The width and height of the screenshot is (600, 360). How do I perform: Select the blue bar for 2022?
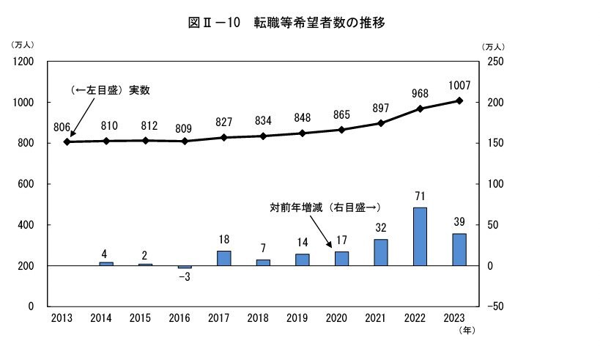pyautogui.click(x=420, y=236)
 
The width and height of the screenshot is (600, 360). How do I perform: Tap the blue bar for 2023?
pyautogui.click(x=459, y=249)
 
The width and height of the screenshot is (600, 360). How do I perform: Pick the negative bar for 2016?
pyautogui.click(x=185, y=267)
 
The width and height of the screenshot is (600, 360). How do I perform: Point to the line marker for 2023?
pyautogui.click(x=459, y=100)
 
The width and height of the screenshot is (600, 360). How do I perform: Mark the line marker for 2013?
pyautogui.click(x=67, y=142)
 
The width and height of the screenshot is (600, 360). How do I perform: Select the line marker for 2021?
pyautogui.click(x=381, y=122)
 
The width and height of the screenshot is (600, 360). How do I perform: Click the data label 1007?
pyautogui.click(x=459, y=85)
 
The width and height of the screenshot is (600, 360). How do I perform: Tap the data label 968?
pyautogui.click(x=420, y=93)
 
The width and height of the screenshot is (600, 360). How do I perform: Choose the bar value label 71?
pyautogui.click(x=420, y=196)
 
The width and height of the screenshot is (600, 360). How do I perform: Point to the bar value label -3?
pyautogui.click(x=184, y=279)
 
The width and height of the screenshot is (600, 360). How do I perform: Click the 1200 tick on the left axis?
pyautogui.click(x=26, y=62)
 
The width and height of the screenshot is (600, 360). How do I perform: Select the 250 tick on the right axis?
pyautogui.click(x=495, y=62)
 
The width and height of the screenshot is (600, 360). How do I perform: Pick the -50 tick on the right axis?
pyautogui.click(x=495, y=306)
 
